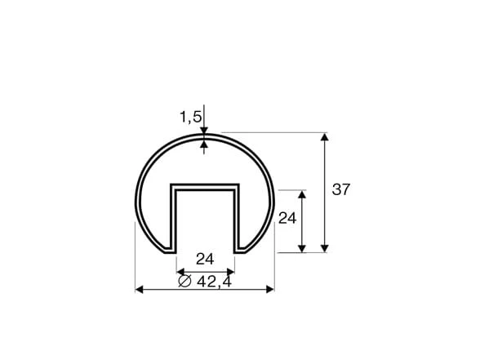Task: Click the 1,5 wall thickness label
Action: coord(190,117)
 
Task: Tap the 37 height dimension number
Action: coord(340,189)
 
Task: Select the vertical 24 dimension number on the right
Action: coord(287,218)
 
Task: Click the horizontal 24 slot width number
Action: coord(205,259)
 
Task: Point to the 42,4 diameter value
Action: coord(214,282)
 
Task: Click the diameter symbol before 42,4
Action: coord(184,281)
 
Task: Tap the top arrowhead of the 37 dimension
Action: coord(325,136)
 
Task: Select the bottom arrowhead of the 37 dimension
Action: coord(325,248)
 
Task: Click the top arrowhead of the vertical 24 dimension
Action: coord(302,194)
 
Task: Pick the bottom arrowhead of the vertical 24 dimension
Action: coord(302,248)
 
